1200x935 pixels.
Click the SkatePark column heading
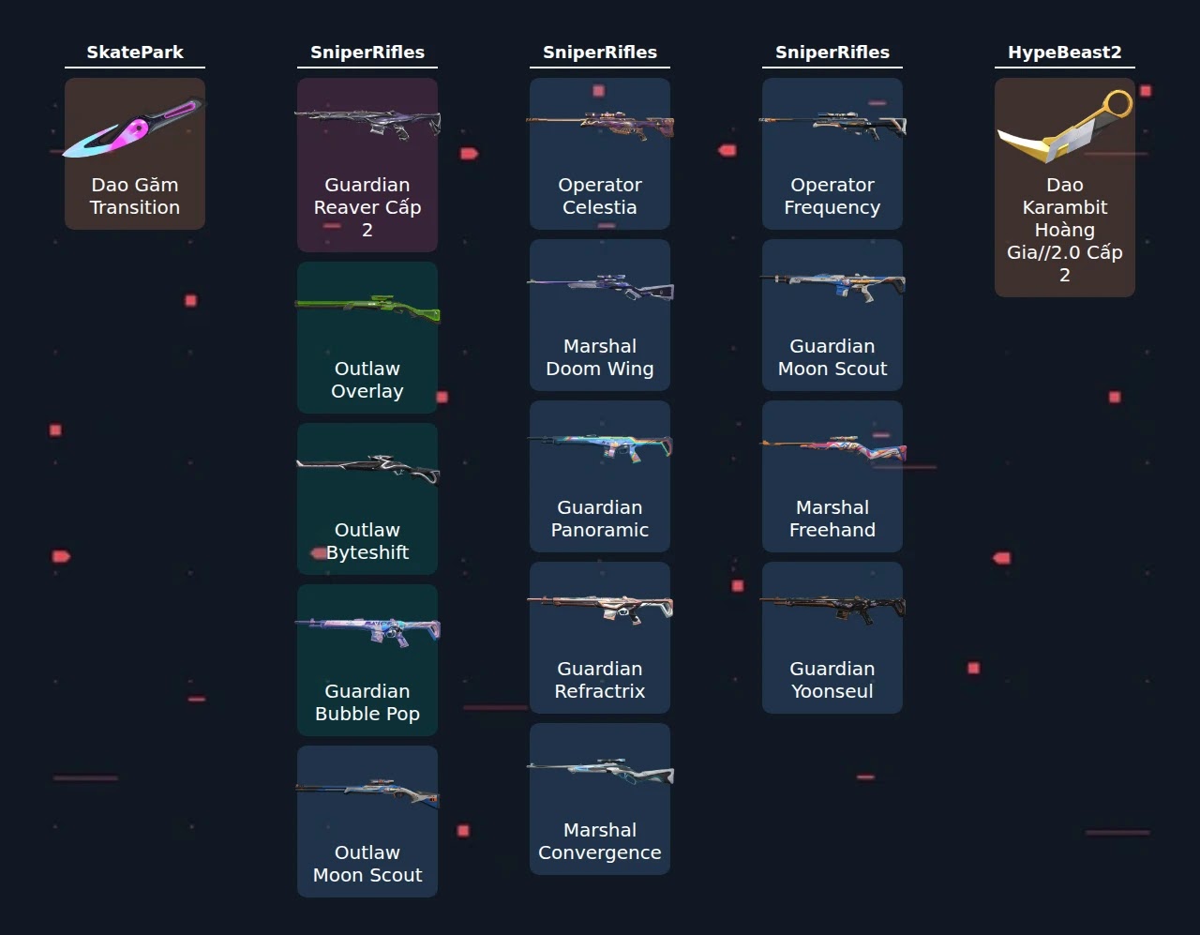[135, 52]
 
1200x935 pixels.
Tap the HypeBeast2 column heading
[1065, 52]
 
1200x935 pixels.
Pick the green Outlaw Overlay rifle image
[367, 309]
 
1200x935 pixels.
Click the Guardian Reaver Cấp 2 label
[367, 207]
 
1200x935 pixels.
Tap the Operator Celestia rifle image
[600, 126]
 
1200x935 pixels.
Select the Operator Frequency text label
[832, 196]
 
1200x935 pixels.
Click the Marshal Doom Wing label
[600, 357]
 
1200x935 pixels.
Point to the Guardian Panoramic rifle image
[600, 447]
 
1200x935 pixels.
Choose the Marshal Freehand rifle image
[832, 448]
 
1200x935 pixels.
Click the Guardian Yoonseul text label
[832, 680]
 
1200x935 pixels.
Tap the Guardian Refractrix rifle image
[600, 609]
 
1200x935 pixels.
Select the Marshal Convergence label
[600, 841]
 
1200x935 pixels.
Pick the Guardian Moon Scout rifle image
[832, 287]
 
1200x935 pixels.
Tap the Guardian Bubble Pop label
[367, 702]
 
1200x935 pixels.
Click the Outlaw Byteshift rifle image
[367, 470]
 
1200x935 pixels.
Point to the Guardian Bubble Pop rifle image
[367, 631]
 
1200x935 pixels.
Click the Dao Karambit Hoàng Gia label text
[1065, 230]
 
